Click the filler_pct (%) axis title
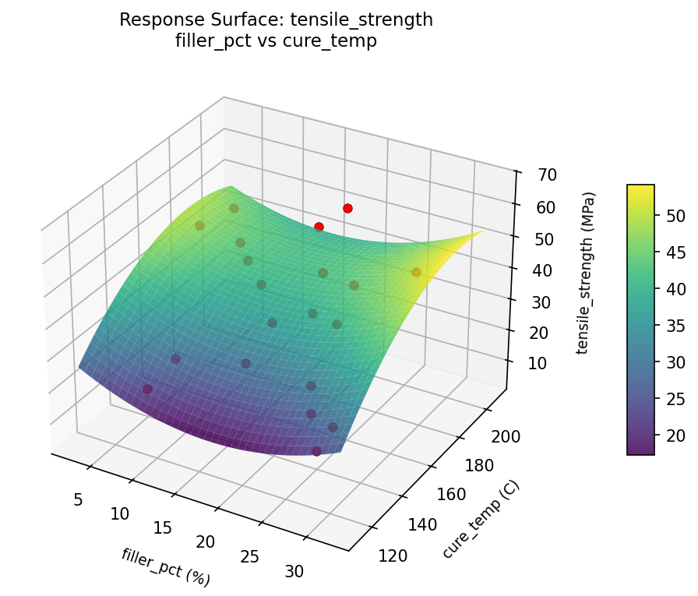165,566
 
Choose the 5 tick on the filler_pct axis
78,499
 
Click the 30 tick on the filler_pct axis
294,571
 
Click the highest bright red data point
347,208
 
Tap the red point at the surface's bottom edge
316,451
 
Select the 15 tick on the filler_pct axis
161,527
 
